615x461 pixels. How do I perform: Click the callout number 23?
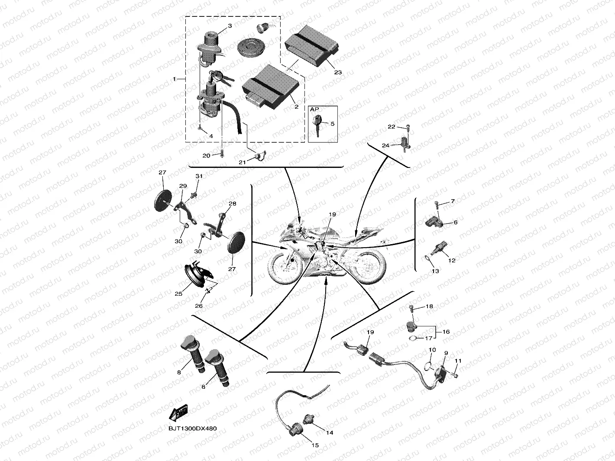[x=338, y=72]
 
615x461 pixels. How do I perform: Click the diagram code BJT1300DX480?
[x=193, y=429]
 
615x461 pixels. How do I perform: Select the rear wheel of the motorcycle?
[x=369, y=265]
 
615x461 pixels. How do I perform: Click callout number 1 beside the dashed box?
[x=175, y=79]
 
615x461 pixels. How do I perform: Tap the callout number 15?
[x=315, y=445]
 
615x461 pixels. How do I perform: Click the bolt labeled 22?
[x=408, y=127]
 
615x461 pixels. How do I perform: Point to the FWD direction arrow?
[x=178, y=413]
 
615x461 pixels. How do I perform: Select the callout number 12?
[x=452, y=261]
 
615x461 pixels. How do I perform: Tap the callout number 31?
[x=199, y=176]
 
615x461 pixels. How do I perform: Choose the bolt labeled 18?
[x=411, y=308]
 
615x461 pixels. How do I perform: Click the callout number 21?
[x=242, y=162]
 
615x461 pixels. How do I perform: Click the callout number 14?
[x=330, y=432]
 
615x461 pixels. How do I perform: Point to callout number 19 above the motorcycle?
[x=332, y=214]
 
